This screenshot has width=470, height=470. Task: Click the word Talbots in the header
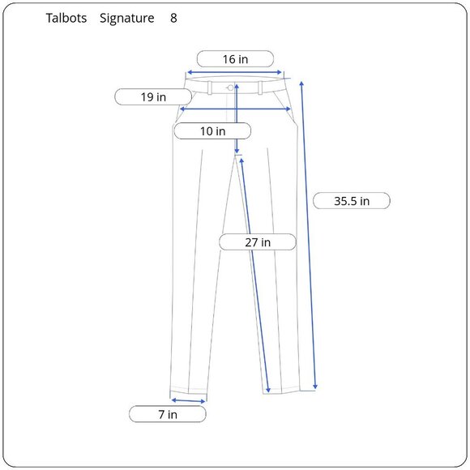point(66,18)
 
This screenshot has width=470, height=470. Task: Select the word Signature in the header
point(127,19)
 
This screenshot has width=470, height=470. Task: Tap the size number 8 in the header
point(173,18)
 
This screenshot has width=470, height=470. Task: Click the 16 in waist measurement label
point(235,59)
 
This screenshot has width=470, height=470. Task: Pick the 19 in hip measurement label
point(153,96)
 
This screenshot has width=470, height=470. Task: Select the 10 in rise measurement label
point(212,131)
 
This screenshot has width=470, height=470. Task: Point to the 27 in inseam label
point(258,242)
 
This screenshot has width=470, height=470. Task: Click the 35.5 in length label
point(352,201)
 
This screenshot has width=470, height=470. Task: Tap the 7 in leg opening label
point(168,414)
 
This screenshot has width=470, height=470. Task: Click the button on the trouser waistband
point(230,88)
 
